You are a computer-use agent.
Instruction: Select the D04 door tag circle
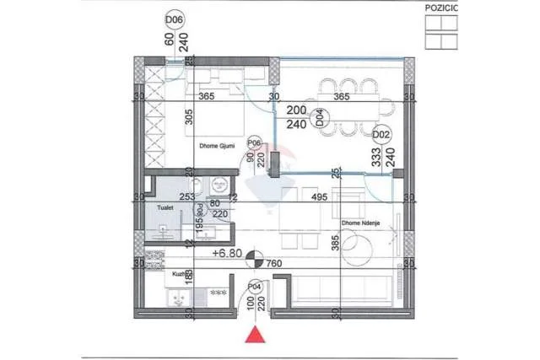[x=319, y=117]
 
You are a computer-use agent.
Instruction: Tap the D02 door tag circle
[x=381, y=134]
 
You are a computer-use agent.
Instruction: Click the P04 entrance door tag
[x=253, y=287]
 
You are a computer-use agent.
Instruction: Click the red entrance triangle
[x=253, y=337]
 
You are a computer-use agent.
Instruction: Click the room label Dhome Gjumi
[x=217, y=145]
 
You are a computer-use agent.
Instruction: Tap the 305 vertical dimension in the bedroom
[x=188, y=121]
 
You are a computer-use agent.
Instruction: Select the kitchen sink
[x=177, y=298]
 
